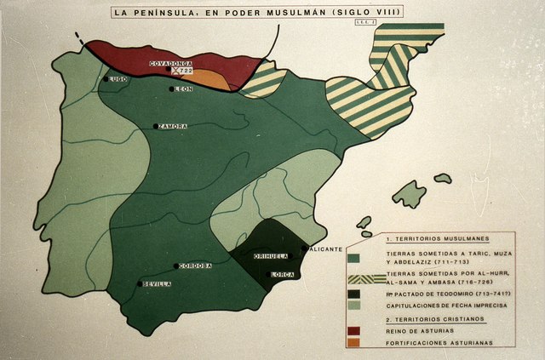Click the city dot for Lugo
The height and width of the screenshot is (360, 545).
click(106, 79)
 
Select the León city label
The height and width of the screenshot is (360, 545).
click(185, 89)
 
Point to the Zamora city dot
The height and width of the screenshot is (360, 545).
click(156, 127)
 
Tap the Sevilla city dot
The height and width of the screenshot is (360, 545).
click(140, 284)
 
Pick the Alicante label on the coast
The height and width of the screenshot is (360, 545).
click(326, 249)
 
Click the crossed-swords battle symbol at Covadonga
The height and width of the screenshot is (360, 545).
click(177, 72)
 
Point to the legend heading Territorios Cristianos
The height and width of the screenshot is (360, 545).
click(433, 317)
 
